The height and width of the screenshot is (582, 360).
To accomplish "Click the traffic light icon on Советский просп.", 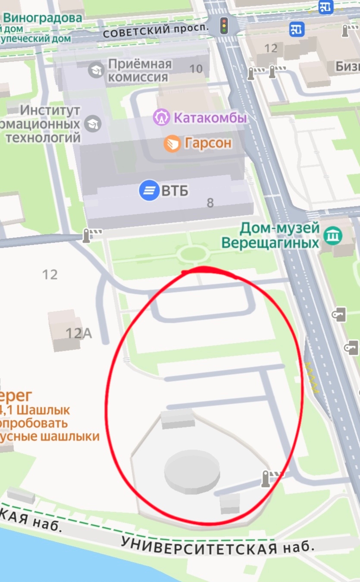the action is click(224, 26).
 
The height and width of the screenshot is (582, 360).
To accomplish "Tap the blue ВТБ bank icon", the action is click(149, 191).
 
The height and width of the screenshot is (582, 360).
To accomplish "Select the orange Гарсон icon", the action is click(172, 143).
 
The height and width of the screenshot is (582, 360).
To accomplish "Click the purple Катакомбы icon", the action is click(161, 118).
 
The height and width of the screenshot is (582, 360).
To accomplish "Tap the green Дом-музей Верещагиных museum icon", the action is click(333, 235).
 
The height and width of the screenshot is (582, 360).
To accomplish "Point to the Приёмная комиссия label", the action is click(139, 71).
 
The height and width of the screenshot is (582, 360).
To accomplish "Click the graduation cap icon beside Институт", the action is click(92, 124).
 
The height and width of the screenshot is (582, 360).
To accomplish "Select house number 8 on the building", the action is click(210, 203).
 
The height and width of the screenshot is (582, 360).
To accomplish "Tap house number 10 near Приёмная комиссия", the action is click(196, 69).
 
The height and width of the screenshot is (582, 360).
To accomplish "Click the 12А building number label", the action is click(79, 333).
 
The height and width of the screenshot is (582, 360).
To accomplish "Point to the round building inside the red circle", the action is click(192, 471).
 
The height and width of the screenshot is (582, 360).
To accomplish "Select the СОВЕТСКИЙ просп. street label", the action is click(156, 30).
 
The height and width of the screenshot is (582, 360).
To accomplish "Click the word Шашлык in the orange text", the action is click(43, 410).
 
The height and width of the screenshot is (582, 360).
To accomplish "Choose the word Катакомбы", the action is click(210, 118).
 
